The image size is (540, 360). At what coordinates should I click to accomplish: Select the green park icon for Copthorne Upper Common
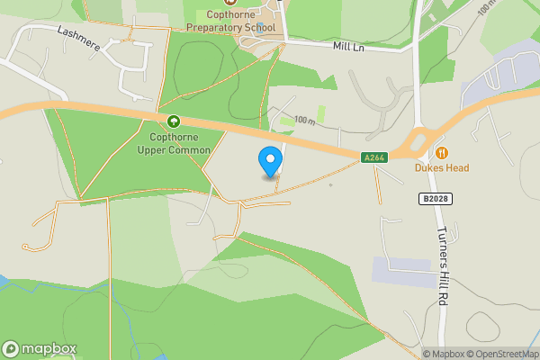point(174,121)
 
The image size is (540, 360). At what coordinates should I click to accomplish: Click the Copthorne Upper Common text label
point(174,143)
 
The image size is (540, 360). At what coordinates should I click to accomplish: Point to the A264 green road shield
point(375,157)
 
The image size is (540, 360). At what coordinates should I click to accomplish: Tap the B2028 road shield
point(434,196)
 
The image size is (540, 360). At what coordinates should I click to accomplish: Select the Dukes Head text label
point(441,168)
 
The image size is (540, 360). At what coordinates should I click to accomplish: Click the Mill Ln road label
point(348,45)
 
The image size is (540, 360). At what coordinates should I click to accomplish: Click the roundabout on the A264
point(422,140)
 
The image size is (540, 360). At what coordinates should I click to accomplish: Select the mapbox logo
point(40,348)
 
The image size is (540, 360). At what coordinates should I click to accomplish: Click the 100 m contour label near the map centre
point(305,120)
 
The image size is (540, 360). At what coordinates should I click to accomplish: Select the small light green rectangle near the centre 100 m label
point(286,121)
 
